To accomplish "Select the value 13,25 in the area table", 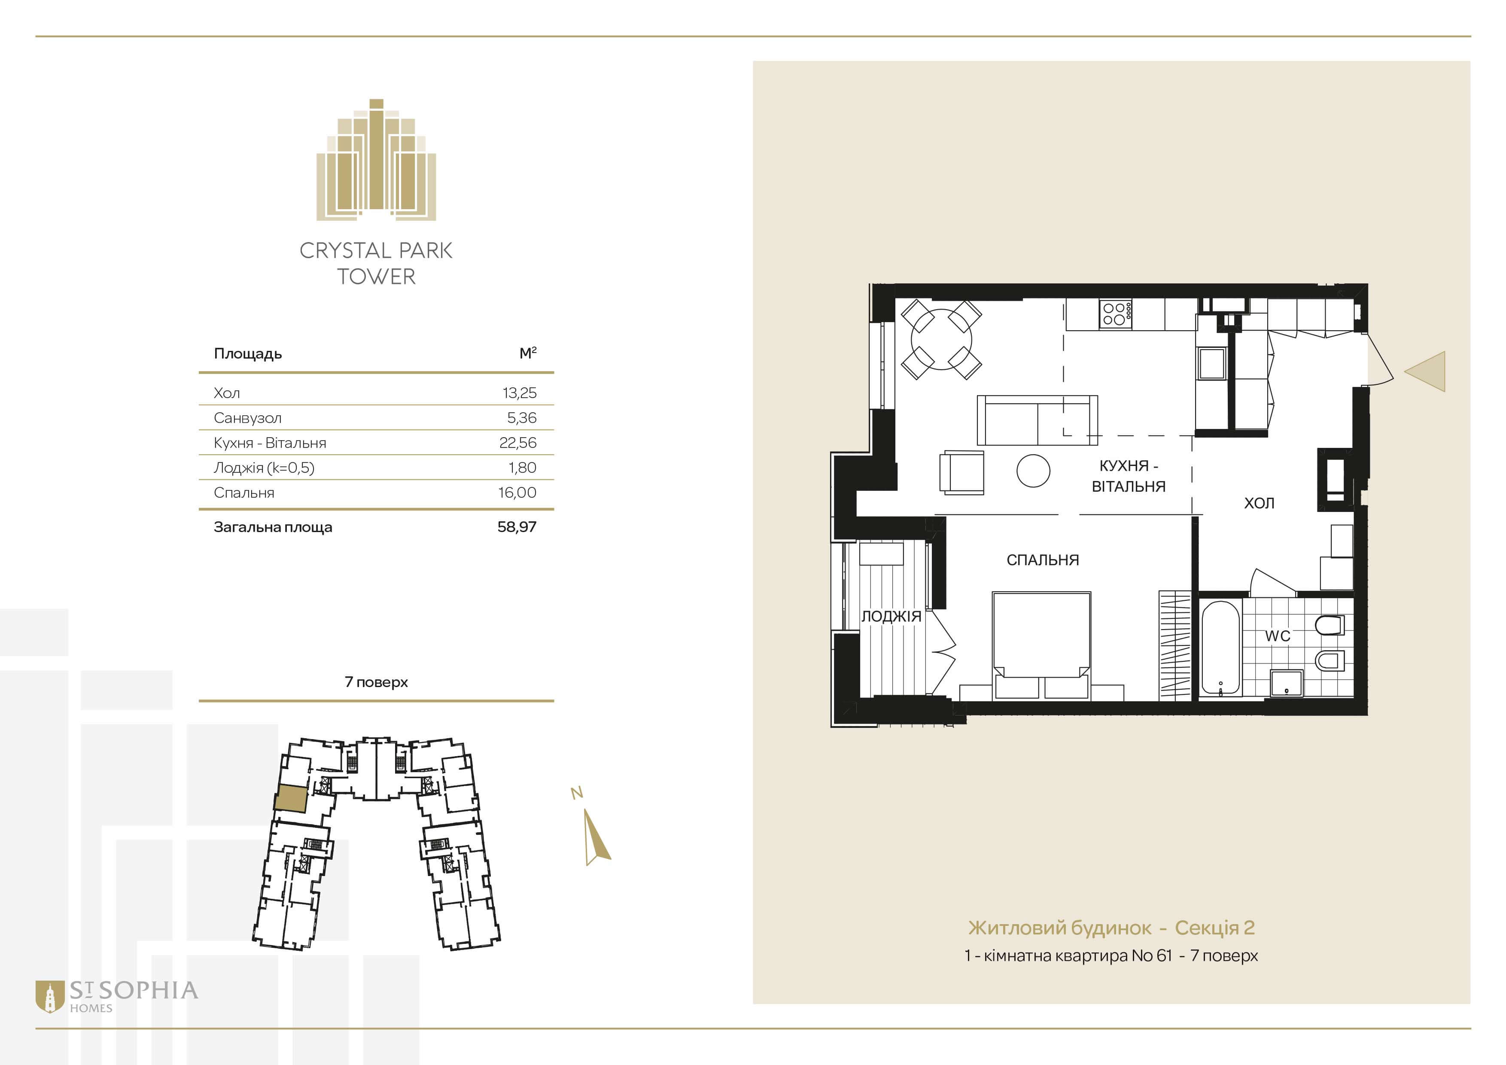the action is tap(520, 393).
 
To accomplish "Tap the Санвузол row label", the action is tap(247, 418).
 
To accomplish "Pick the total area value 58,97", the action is tap(517, 526).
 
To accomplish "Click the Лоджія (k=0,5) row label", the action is tap(264, 468).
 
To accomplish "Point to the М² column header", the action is tap(528, 353).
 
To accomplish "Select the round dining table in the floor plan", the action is tap(941, 339).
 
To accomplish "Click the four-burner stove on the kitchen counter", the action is tap(1115, 313).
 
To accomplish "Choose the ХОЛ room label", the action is tap(1260, 503).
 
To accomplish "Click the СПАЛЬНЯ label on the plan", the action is tap(1042, 560).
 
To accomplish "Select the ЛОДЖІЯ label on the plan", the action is tap(891, 616).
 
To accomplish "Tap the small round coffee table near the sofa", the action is tap(1033, 471).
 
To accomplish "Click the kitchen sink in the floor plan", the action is tap(1211, 362).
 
